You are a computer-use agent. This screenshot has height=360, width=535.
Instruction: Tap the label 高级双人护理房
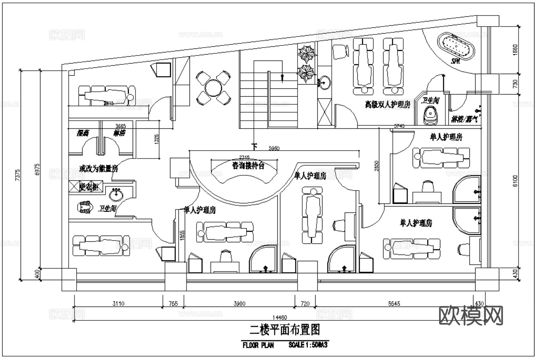point(387,105)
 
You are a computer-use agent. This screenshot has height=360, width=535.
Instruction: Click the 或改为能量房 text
point(98,169)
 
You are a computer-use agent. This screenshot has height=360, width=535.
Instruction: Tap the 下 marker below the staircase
point(254,146)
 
